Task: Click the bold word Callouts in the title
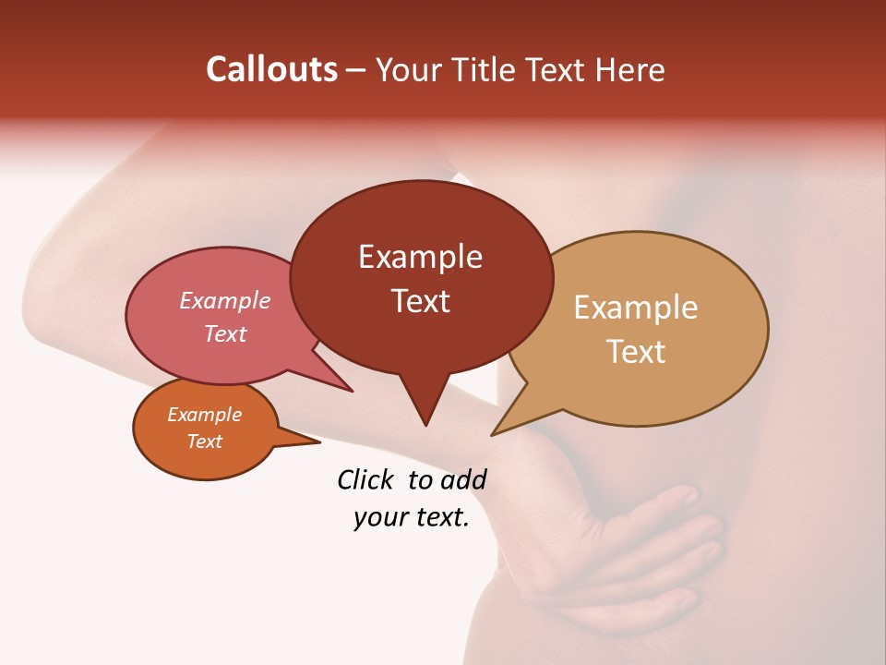271,69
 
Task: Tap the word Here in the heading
629,69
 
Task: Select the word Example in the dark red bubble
420,257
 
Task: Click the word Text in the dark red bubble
420,301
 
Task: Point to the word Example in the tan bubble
636,308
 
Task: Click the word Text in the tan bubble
636,352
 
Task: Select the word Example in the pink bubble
225,301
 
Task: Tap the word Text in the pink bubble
225,333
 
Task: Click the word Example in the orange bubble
204,415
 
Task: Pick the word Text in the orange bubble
204,441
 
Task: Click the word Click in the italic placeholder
368,479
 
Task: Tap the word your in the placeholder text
378,517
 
